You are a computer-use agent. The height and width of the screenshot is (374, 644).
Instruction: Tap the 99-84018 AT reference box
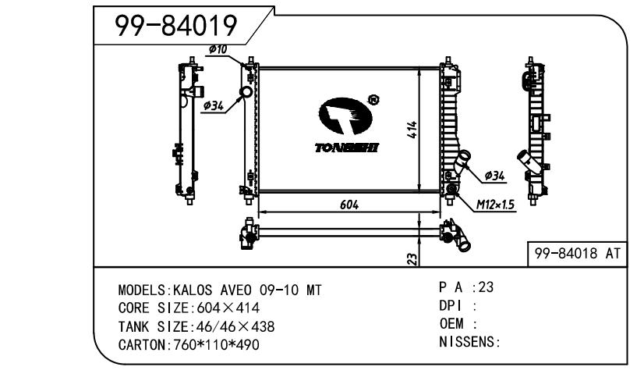[576, 253]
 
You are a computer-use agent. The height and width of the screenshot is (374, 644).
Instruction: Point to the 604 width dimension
[349, 204]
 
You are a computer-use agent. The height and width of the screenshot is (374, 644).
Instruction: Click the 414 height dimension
[412, 130]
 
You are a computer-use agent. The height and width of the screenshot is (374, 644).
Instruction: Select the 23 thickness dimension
[412, 257]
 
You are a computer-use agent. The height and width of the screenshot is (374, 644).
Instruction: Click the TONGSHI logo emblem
[342, 117]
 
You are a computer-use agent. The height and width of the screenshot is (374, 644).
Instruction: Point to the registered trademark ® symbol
[373, 100]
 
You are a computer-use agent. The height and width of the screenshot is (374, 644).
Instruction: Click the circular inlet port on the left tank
[246, 93]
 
